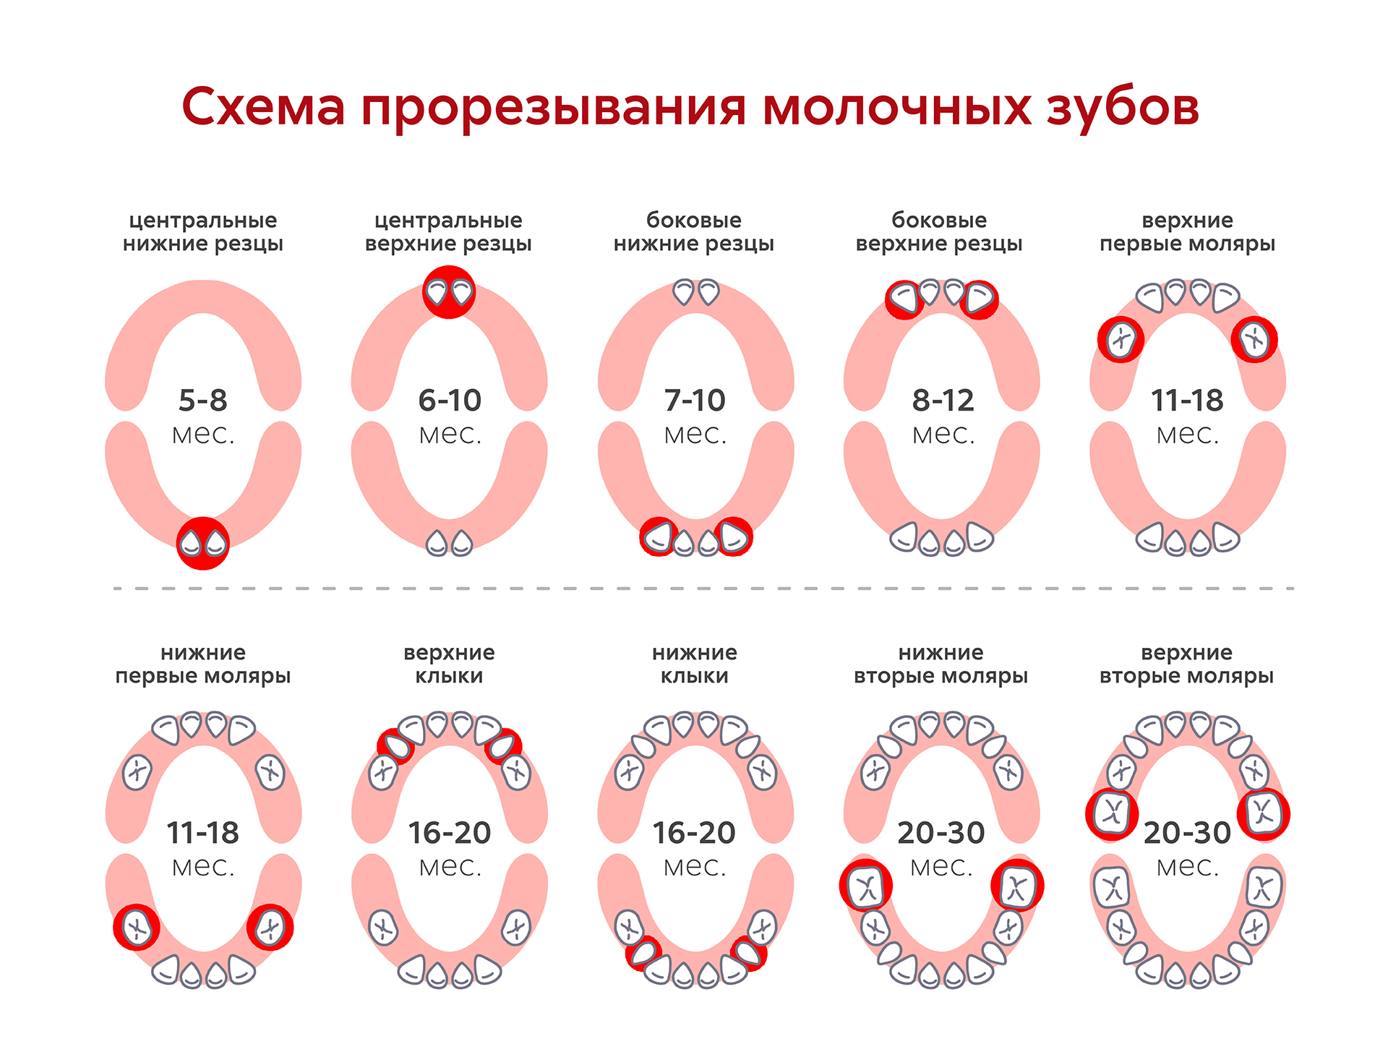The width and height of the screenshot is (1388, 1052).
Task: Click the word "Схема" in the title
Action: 263,107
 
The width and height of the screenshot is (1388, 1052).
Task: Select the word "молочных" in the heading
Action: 896,107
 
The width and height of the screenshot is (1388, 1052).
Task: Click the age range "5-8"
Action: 203,400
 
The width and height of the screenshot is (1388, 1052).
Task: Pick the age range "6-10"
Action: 450,400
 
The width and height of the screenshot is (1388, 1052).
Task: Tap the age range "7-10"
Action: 695,400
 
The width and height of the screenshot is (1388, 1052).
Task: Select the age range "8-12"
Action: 943,400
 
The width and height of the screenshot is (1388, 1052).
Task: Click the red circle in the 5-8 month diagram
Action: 203,543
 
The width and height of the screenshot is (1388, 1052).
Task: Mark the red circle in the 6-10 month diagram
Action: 449,292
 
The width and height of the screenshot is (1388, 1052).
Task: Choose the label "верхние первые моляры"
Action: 1187,232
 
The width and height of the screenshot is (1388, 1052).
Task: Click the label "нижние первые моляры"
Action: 203,664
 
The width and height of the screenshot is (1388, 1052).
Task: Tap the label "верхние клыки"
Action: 449,664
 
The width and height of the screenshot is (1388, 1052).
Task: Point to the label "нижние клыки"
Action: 695,664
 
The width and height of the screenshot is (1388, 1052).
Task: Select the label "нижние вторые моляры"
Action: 941,664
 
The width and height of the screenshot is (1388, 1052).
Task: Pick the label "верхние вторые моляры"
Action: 1186,664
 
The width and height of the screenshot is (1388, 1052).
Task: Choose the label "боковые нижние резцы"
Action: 694,232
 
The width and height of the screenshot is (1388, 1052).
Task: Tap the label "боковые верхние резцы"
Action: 939,232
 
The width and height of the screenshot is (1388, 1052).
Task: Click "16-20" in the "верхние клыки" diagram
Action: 450,833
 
